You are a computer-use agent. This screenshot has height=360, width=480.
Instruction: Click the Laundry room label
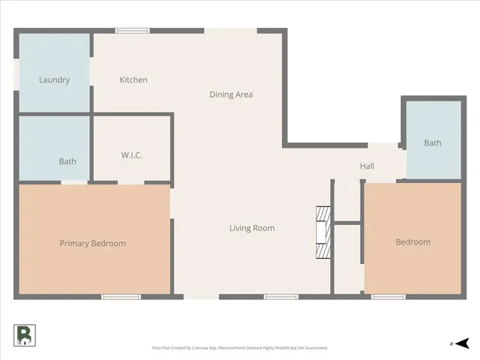[54, 80]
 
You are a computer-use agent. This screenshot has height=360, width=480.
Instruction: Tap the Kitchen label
[133, 79]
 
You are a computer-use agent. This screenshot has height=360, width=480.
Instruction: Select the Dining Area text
[230, 94]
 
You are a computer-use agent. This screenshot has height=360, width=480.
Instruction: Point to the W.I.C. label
[132, 155]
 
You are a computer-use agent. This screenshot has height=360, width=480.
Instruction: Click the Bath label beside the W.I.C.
[67, 161]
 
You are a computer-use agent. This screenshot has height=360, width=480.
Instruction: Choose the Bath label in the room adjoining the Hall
[433, 143]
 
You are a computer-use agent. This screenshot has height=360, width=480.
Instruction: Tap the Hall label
[367, 166]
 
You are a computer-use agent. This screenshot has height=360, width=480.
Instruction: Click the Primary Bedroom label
[93, 243]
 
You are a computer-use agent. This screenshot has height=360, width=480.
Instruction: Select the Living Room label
[252, 228]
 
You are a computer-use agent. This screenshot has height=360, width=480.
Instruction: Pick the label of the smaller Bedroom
[413, 241]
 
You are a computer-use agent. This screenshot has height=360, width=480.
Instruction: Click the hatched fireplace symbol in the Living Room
[322, 232]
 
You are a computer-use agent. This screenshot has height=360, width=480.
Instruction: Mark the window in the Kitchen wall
[132, 31]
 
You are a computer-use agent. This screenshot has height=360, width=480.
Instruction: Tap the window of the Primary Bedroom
[121, 297]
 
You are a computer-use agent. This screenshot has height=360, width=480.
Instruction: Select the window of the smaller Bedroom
[388, 297]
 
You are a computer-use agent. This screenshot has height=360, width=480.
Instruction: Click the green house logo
[24, 335]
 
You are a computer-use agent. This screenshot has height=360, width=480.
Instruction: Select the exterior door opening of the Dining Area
[231, 31]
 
